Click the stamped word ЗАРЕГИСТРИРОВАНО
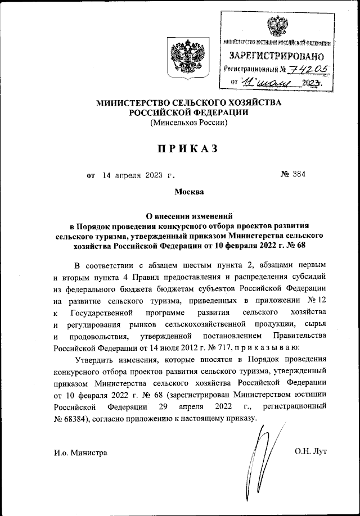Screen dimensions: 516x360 (x=277, y=56)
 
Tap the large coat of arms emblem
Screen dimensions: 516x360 (x=185, y=55)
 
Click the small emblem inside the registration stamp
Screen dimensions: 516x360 (x=276, y=26)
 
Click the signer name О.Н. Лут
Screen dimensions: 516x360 (x=310, y=451)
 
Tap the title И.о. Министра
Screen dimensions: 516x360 (x=81, y=452)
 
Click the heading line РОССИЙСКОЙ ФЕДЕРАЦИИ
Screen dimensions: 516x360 (x=188, y=112)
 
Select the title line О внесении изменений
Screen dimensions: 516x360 (x=188, y=215)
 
